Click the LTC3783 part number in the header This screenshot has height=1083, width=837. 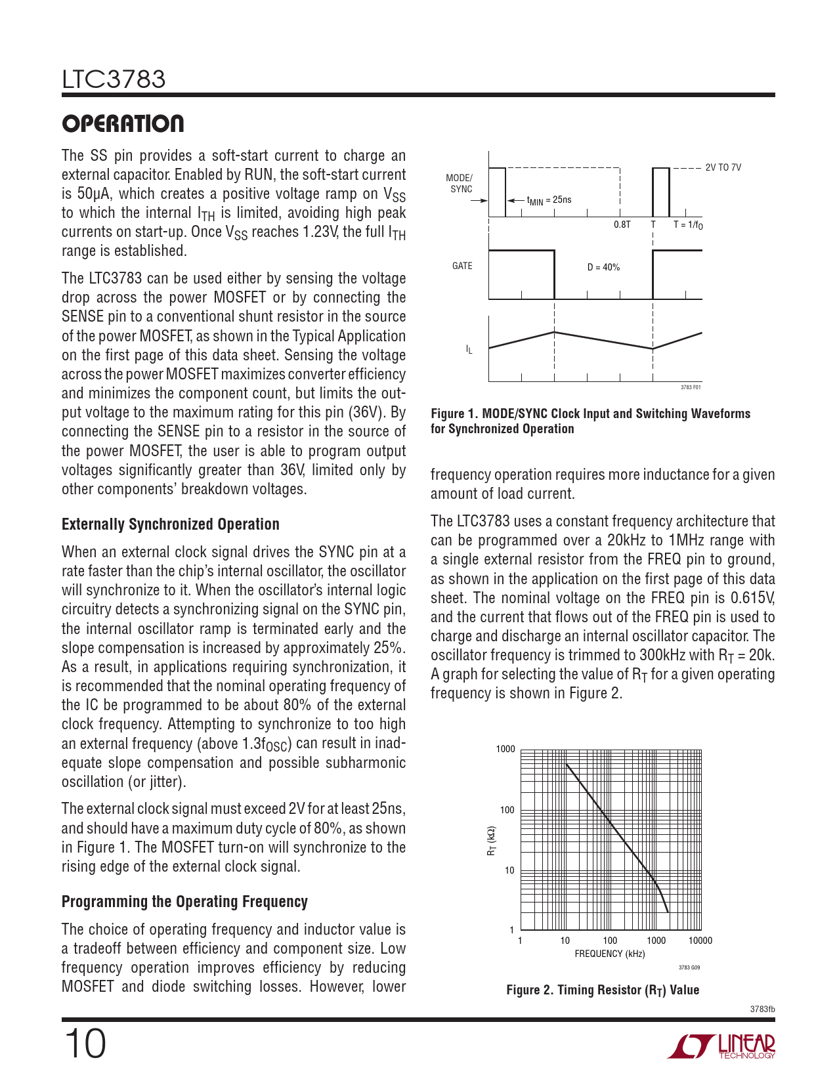tap(114, 79)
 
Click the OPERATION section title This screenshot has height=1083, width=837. tap(123, 123)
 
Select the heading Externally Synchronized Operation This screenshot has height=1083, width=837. tap(170, 524)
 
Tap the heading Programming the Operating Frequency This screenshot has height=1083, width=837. tap(184, 901)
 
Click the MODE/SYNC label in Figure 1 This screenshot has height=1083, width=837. tap(460, 184)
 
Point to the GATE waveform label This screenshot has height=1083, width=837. tap(462, 266)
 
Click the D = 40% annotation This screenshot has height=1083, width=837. tap(603, 267)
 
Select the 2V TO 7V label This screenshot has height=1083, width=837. tap(723, 167)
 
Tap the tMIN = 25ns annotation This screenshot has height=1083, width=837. tap(549, 200)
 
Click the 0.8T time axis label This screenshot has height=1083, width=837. tap(622, 224)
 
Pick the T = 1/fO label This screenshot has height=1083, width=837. tap(688, 224)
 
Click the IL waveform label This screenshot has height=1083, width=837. tap(469, 350)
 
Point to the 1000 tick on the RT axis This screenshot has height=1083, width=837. tap(505, 749)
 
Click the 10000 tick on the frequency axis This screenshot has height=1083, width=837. tap(700, 941)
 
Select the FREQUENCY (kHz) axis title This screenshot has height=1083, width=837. tap(610, 954)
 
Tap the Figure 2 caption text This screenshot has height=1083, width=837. tap(603, 990)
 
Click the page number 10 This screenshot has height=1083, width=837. tap(85, 1044)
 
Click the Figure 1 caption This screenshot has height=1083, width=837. tap(590, 421)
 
